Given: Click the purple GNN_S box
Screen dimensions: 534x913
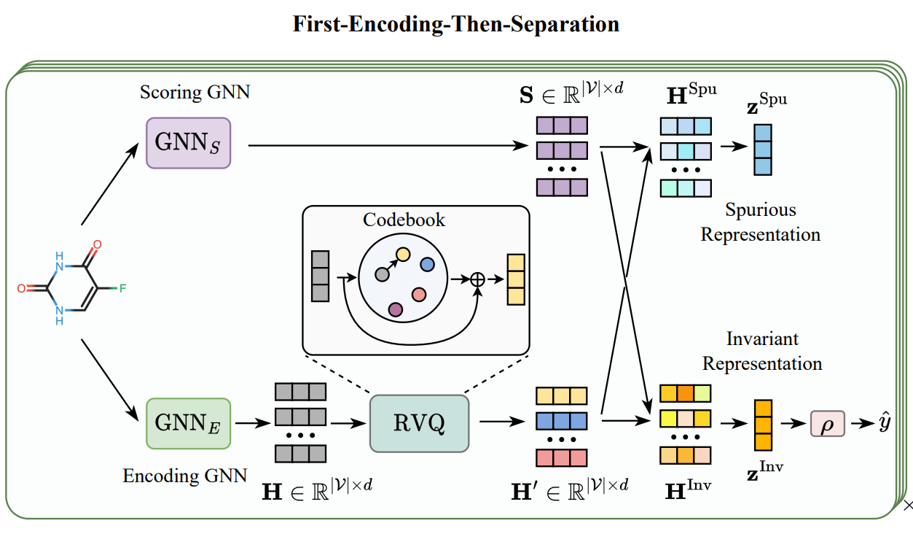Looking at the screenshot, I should click(189, 144).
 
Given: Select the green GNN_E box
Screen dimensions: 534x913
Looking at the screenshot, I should click(188, 422).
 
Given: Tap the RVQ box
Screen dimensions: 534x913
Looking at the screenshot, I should click(419, 423).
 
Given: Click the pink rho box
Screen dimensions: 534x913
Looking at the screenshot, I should click(827, 424).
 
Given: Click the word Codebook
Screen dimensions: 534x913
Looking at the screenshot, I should click(404, 220).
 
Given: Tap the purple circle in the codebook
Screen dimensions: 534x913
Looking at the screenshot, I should click(396, 309).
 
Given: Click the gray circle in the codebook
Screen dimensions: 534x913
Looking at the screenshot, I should click(380, 274).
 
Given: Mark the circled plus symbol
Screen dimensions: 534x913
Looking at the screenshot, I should click(478, 279).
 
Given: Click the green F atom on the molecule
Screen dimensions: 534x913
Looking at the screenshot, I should click(122, 288).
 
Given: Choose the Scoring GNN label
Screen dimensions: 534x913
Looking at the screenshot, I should click(195, 93).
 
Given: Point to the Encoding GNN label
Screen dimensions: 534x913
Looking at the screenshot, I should click(184, 476).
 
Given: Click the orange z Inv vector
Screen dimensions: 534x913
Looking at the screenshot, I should click(762, 425).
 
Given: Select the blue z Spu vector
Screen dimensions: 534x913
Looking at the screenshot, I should click(761, 150).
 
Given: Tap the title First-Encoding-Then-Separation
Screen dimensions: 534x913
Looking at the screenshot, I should click(456, 23).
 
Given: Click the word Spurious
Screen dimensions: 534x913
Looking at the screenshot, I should click(760, 210).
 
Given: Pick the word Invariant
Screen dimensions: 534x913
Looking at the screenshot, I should click(762, 338).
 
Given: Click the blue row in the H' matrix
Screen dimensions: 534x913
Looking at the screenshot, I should click(561, 422).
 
